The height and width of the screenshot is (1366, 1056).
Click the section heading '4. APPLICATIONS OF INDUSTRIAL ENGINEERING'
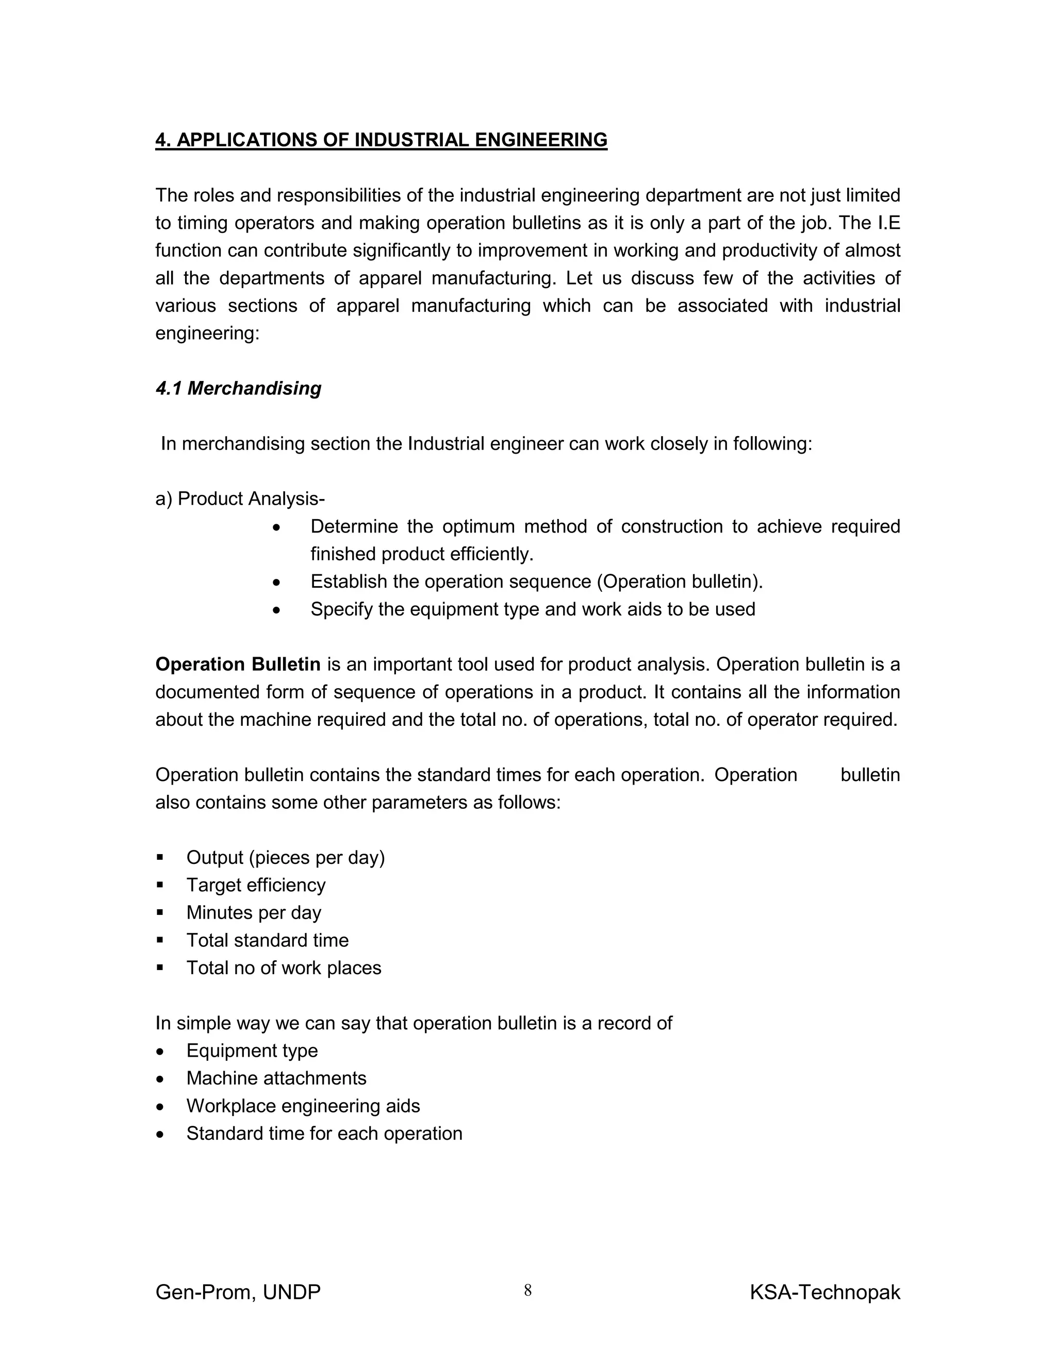coord(381,140)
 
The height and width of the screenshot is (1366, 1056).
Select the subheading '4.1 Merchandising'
coord(238,389)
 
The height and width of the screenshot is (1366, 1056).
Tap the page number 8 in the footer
coord(527,1290)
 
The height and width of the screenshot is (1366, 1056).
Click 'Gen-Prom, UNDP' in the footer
coord(238,1292)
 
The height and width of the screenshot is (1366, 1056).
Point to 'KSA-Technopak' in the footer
coord(824,1292)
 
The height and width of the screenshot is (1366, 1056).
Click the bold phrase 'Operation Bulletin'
coord(238,664)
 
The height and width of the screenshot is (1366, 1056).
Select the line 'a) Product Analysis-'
coord(240,499)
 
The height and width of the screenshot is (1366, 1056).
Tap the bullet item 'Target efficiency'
coord(256,885)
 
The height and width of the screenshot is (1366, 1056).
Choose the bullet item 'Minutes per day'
coord(253,912)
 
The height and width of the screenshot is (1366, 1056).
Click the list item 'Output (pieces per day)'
coord(285,858)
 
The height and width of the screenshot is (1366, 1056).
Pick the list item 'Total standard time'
coord(267,940)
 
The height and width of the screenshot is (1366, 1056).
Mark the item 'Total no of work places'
coord(284,968)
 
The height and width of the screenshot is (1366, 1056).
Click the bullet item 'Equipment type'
coord(252,1051)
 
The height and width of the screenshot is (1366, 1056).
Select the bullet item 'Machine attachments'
coord(276,1078)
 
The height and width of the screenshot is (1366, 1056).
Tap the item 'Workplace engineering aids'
coord(303,1106)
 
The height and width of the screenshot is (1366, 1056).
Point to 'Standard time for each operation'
coord(324,1134)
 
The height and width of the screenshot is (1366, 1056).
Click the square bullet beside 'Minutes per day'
coord(160,912)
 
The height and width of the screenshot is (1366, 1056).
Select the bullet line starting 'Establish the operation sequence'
coord(536,581)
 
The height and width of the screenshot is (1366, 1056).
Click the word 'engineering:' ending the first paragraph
coord(207,334)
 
